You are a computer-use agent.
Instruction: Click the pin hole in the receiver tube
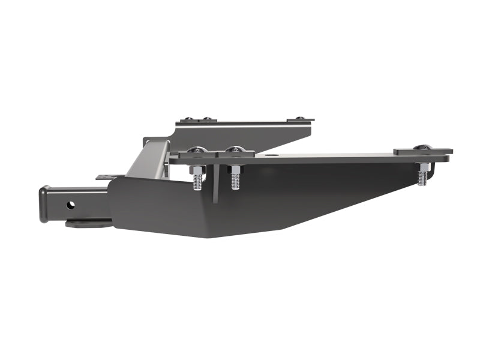point(71,205)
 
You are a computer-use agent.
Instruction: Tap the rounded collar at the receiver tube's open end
point(44,204)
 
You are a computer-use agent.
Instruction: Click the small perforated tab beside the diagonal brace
point(105,177)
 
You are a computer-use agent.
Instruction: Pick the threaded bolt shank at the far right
point(423,177)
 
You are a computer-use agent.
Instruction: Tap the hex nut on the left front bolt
point(197,170)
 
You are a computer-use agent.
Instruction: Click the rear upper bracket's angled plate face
point(252,134)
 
